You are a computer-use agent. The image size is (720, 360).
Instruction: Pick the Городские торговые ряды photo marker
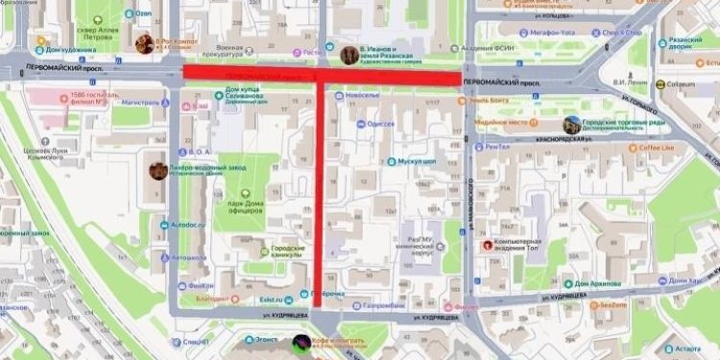click(x=572, y=124)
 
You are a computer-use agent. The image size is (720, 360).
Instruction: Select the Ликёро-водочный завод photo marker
click(x=157, y=171)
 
